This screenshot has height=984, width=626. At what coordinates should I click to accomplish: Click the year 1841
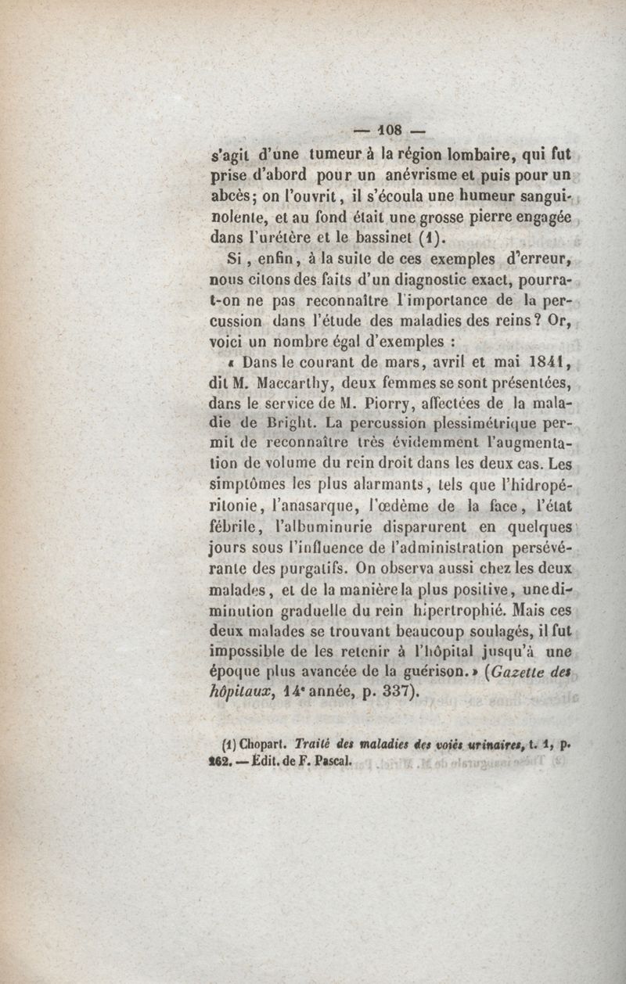pos(541,363)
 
